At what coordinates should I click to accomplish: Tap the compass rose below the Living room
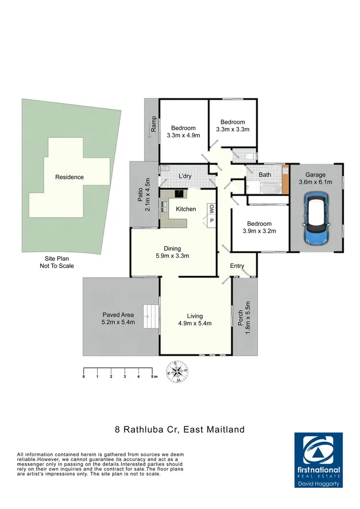[x=177, y=371]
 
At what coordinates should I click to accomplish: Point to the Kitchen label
[x=186, y=209]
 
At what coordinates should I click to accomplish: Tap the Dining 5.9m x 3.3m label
[x=172, y=252]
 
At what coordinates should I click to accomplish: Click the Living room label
[x=195, y=319]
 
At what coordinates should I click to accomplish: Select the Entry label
[x=237, y=266]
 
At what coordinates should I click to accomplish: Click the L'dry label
[x=185, y=176]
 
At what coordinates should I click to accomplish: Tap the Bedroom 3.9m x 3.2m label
[x=259, y=227]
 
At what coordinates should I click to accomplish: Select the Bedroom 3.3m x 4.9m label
[x=183, y=132]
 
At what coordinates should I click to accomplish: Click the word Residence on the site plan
[x=69, y=177]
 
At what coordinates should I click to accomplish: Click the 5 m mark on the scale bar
[x=152, y=377]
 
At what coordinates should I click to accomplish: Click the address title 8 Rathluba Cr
[x=180, y=429]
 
